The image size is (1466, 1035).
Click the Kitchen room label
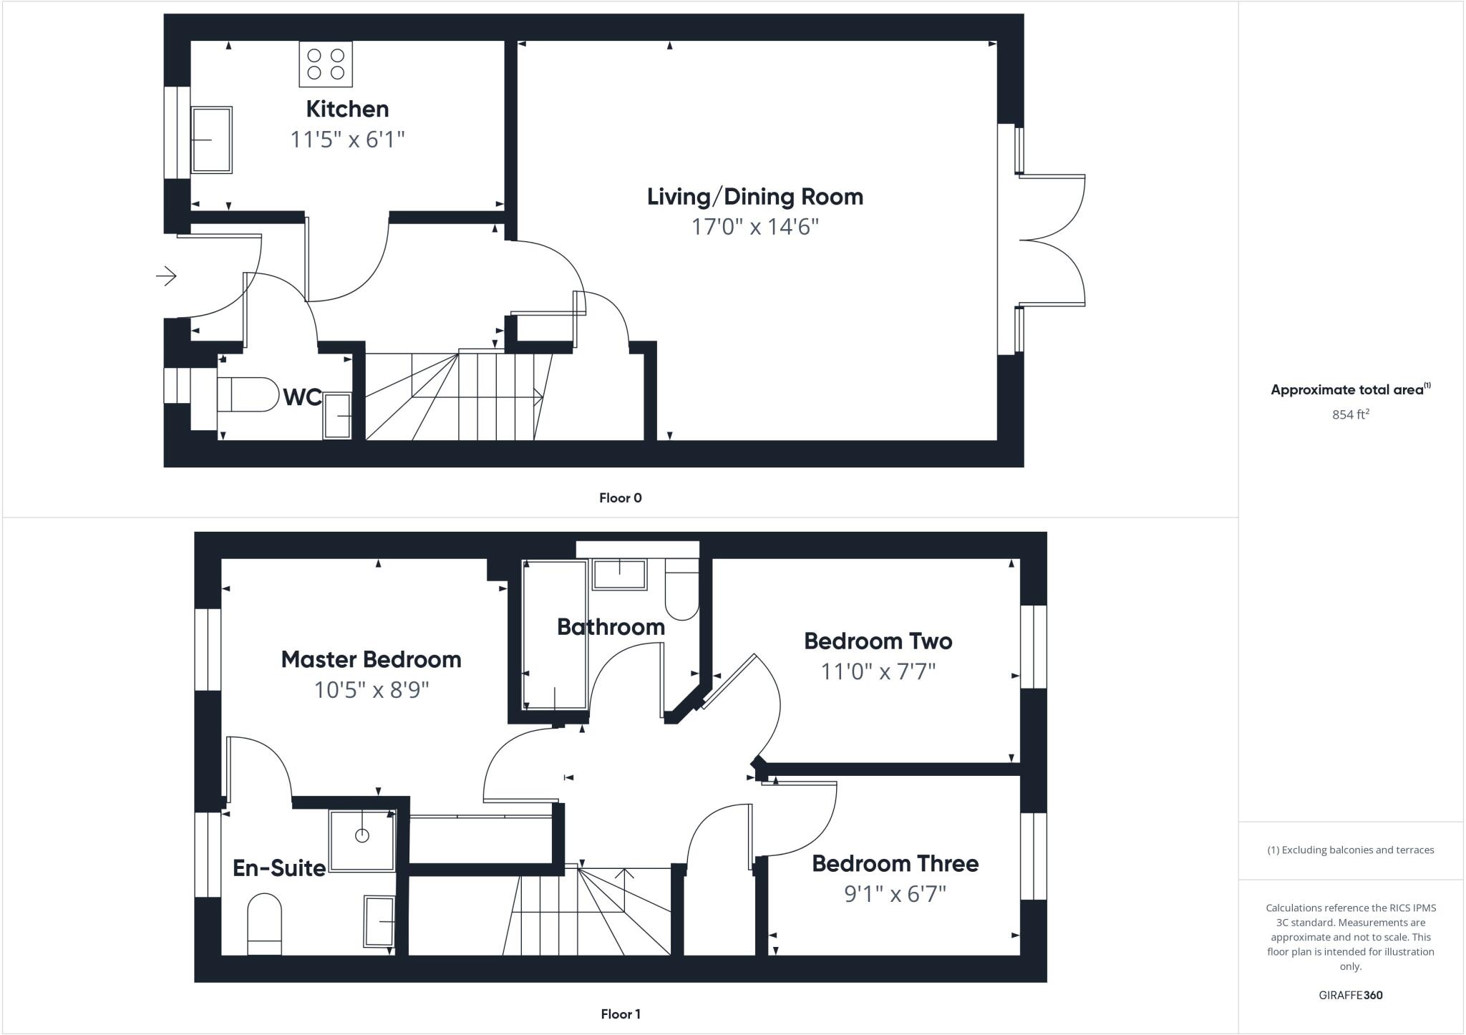pos(347,109)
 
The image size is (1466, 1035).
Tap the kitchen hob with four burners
pos(326,64)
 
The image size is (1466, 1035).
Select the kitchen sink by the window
pos(212,140)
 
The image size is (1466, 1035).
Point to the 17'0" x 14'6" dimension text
pos(754,227)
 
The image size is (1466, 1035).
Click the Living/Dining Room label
pos(754,197)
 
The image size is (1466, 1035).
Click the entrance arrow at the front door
pos(166,276)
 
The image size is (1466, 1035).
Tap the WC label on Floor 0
pos(302,397)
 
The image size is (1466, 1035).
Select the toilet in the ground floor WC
pos(247,394)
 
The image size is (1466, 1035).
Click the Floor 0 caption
pos(620,498)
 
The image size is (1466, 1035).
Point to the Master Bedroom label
pos(371,659)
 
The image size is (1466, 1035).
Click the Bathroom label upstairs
pos(611,627)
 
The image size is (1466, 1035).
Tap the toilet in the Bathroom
pos(681,591)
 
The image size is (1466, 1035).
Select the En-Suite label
pos(279,868)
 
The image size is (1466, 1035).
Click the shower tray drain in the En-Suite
pos(362,835)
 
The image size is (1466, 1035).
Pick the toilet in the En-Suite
pos(264,923)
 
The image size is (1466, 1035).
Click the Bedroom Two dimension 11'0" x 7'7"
pos(878,672)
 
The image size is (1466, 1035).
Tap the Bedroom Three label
pos(895,863)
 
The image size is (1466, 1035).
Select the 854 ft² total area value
pos(1350,414)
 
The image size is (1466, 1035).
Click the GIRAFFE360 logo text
pos(1350,995)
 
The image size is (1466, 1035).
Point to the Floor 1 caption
pos(620,1014)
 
